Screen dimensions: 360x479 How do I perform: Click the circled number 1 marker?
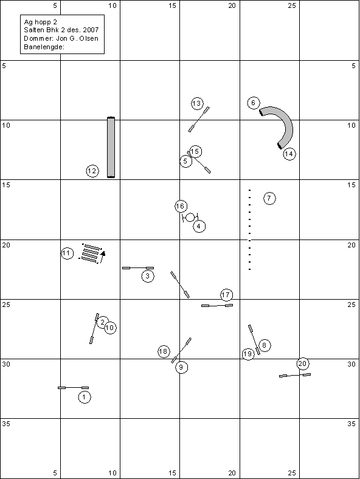click(85, 397)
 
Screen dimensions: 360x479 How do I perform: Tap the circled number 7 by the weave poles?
click(269, 198)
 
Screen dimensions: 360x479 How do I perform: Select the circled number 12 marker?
click(92, 171)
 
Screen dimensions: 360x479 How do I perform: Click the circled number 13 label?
click(197, 103)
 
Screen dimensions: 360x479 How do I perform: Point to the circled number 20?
click(302, 364)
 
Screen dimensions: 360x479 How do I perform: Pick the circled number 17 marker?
click(226, 295)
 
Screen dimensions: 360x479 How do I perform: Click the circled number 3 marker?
click(148, 276)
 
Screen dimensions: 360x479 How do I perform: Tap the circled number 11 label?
click(67, 253)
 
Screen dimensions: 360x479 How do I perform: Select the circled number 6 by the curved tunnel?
click(254, 103)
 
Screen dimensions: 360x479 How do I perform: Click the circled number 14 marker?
click(289, 154)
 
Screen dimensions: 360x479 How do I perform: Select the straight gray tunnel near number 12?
click(111, 147)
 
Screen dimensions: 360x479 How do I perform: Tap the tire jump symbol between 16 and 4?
click(190, 217)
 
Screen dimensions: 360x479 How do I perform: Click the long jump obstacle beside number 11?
click(92, 253)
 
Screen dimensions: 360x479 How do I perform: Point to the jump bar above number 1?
click(74, 388)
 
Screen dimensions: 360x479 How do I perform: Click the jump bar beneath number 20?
click(295, 375)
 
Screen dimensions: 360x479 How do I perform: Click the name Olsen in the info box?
click(89, 38)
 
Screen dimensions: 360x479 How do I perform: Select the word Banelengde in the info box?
click(43, 47)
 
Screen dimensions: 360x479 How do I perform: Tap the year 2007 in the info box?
click(91, 30)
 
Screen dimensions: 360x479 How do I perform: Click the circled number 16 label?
click(181, 206)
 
